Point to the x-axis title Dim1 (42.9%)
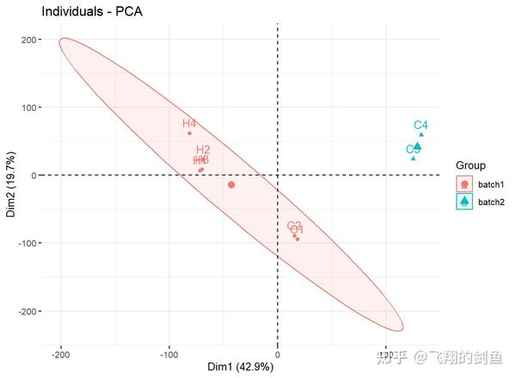coord(240,367)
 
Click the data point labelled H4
coord(189,133)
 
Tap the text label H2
coord(203,150)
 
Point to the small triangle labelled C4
coord(421,134)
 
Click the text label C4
coord(421,125)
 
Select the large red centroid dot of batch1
coord(231,185)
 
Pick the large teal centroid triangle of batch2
coord(417,146)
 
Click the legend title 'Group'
coord(471,165)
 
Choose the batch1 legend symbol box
coord(464,183)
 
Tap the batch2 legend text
coord(491,202)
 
